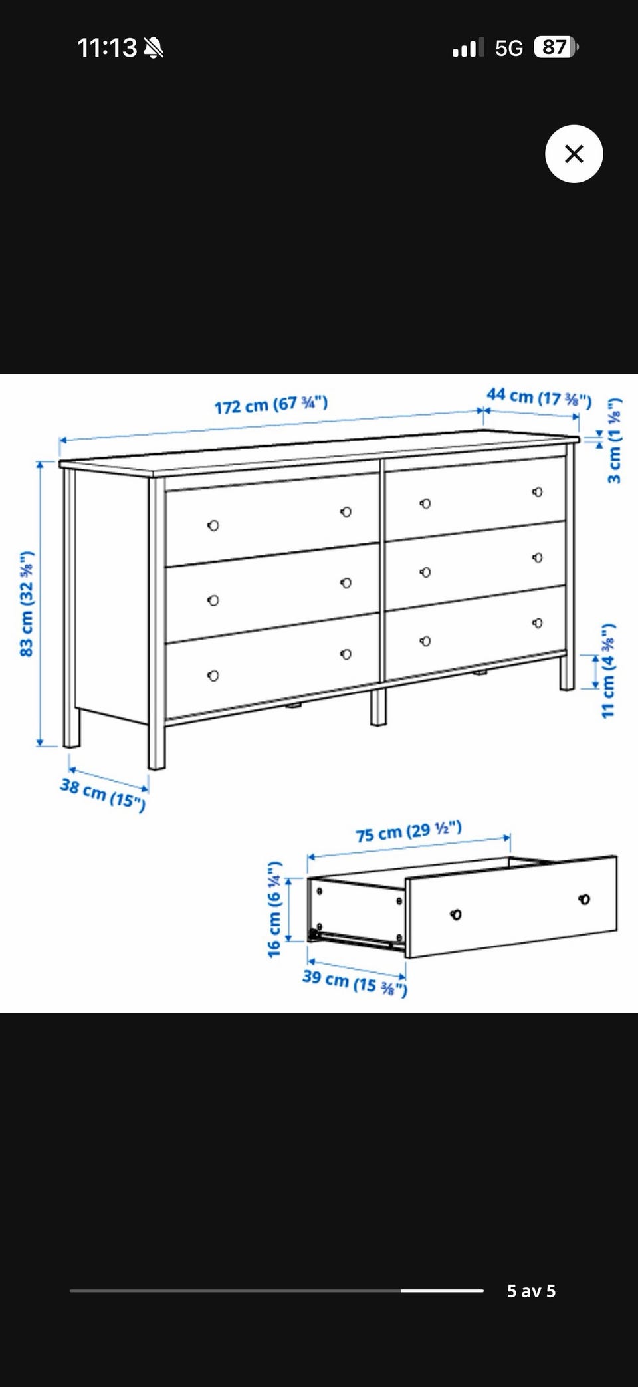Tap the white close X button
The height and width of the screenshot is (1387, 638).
[x=574, y=154]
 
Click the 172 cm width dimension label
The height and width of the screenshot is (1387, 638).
[x=271, y=404]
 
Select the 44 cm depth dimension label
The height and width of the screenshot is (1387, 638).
[x=539, y=397]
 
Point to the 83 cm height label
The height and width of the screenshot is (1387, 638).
[x=26, y=604]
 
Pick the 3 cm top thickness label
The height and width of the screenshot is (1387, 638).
[x=614, y=440]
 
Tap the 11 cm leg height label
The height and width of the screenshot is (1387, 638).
[x=607, y=670]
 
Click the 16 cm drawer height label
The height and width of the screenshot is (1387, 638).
[x=274, y=910]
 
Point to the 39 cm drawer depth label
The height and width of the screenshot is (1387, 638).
[x=355, y=982]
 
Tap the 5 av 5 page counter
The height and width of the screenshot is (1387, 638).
[x=531, y=1291]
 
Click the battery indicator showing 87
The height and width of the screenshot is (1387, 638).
[x=556, y=47]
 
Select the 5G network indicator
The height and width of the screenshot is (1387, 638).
[x=509, y=48]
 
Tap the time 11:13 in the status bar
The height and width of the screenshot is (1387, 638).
[x=107, y=48]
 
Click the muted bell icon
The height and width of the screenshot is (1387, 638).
[x=154, y=48]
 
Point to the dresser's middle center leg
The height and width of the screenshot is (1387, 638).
[x=377, y=707]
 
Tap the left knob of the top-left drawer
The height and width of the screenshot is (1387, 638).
[x=213, y=525]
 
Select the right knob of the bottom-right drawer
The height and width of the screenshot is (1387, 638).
[x=537, y=623]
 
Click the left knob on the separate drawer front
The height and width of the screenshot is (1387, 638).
[x=455, y=914]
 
